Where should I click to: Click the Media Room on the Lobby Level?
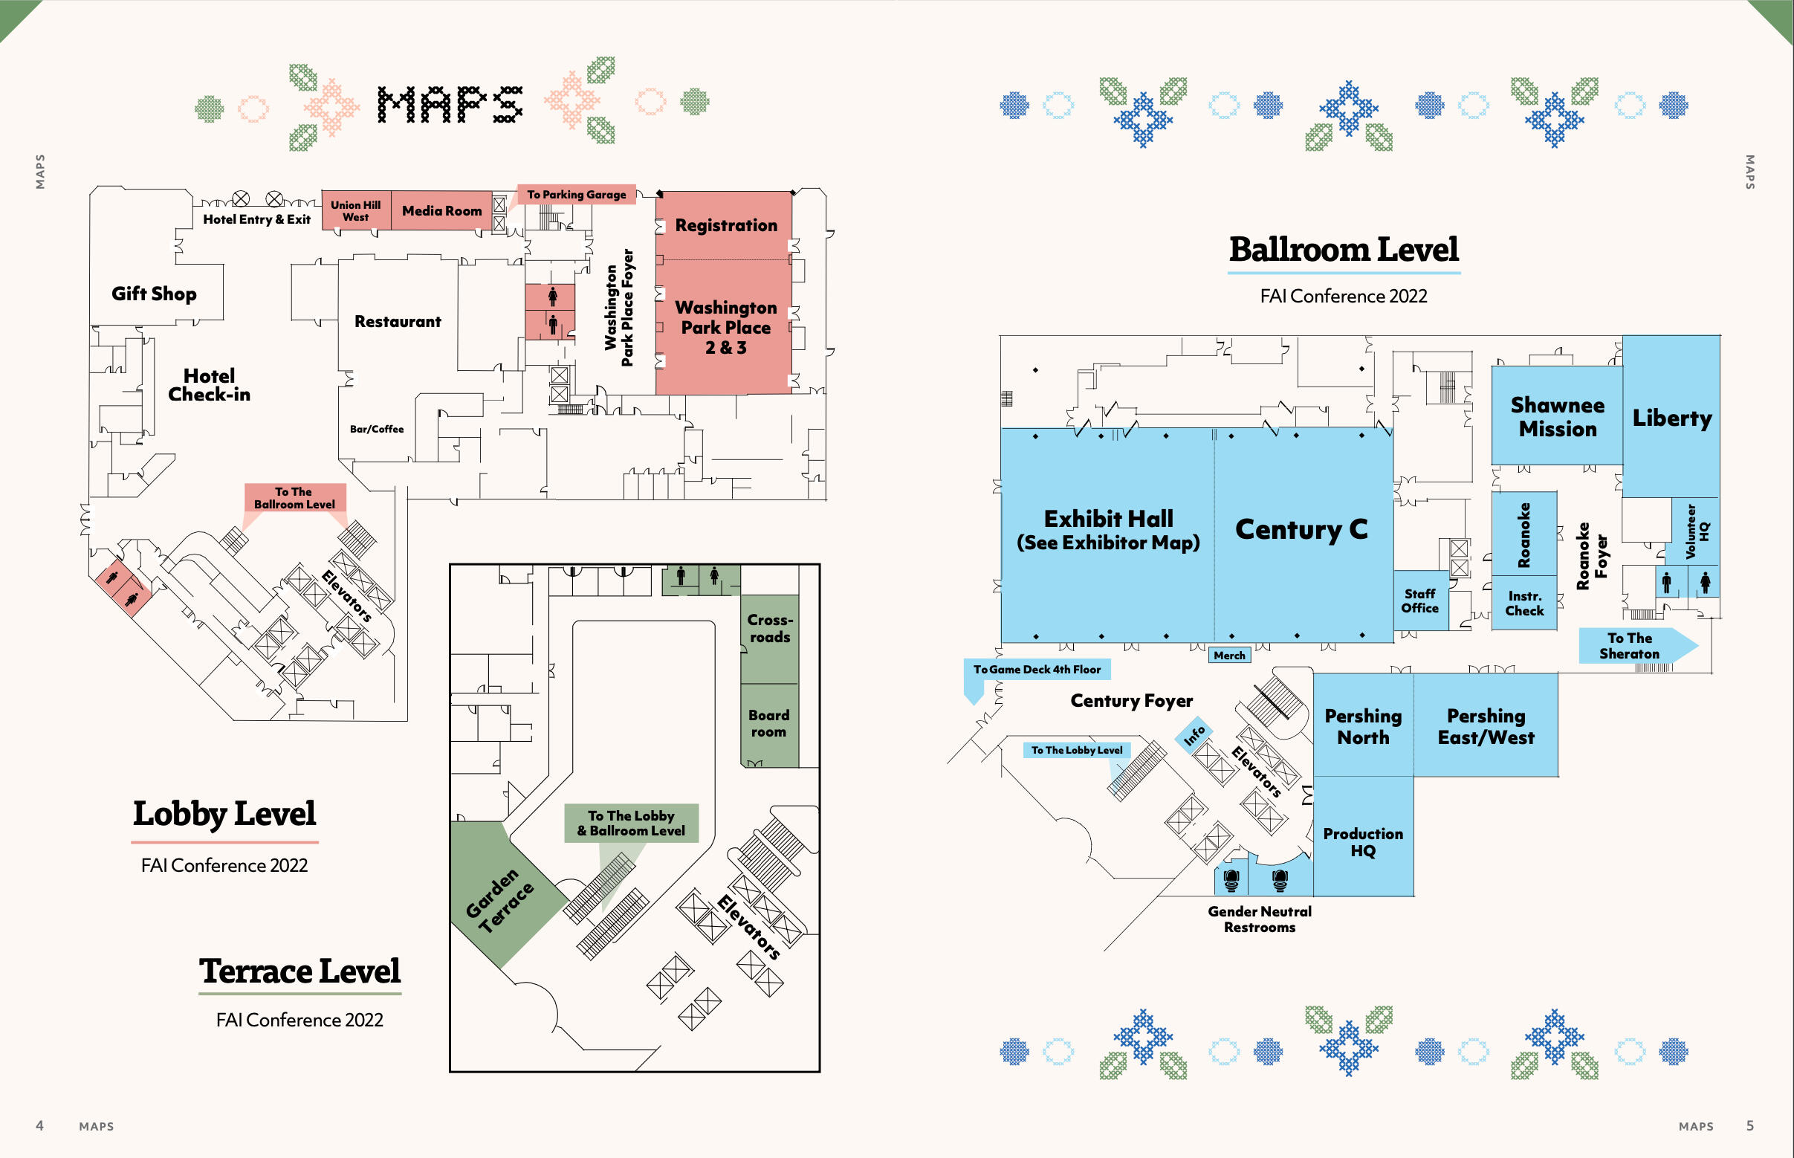441,210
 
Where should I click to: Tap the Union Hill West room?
356,210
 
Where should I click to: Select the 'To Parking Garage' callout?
576,195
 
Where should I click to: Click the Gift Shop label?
154,294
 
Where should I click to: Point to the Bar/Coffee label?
377,430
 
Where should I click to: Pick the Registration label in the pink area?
725,224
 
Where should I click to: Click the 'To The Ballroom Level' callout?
295,498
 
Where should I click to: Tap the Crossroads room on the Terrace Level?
769,629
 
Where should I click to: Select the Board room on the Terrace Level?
768,723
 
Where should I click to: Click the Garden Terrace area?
500,899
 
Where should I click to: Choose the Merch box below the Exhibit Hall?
1228,656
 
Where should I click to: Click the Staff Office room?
1419,601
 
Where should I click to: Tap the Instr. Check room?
1524,604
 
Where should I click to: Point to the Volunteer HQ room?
1697,531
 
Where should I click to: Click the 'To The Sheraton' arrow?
1631,646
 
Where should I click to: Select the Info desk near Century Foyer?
1194,735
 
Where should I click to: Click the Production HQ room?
1362,841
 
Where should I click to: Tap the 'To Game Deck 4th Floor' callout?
1036,669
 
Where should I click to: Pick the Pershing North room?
1362,726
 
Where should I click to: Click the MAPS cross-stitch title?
450,105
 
